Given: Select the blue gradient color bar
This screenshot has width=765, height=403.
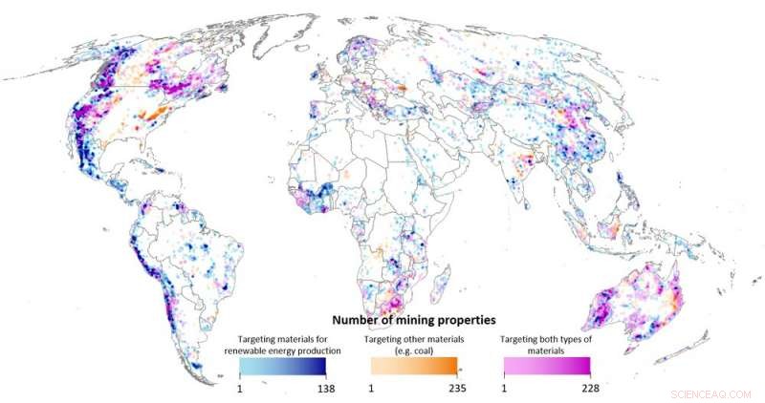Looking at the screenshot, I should click(x=282, y=366).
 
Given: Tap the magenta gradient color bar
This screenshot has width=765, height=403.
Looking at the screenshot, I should click(x=547, y=366).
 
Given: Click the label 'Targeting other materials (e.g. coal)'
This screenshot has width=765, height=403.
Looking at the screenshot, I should click(x=415, y=344).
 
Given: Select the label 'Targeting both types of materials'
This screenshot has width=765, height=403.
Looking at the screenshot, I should click(x=548, y=344).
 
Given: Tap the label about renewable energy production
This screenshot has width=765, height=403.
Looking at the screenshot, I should click(x=282, y=344).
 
